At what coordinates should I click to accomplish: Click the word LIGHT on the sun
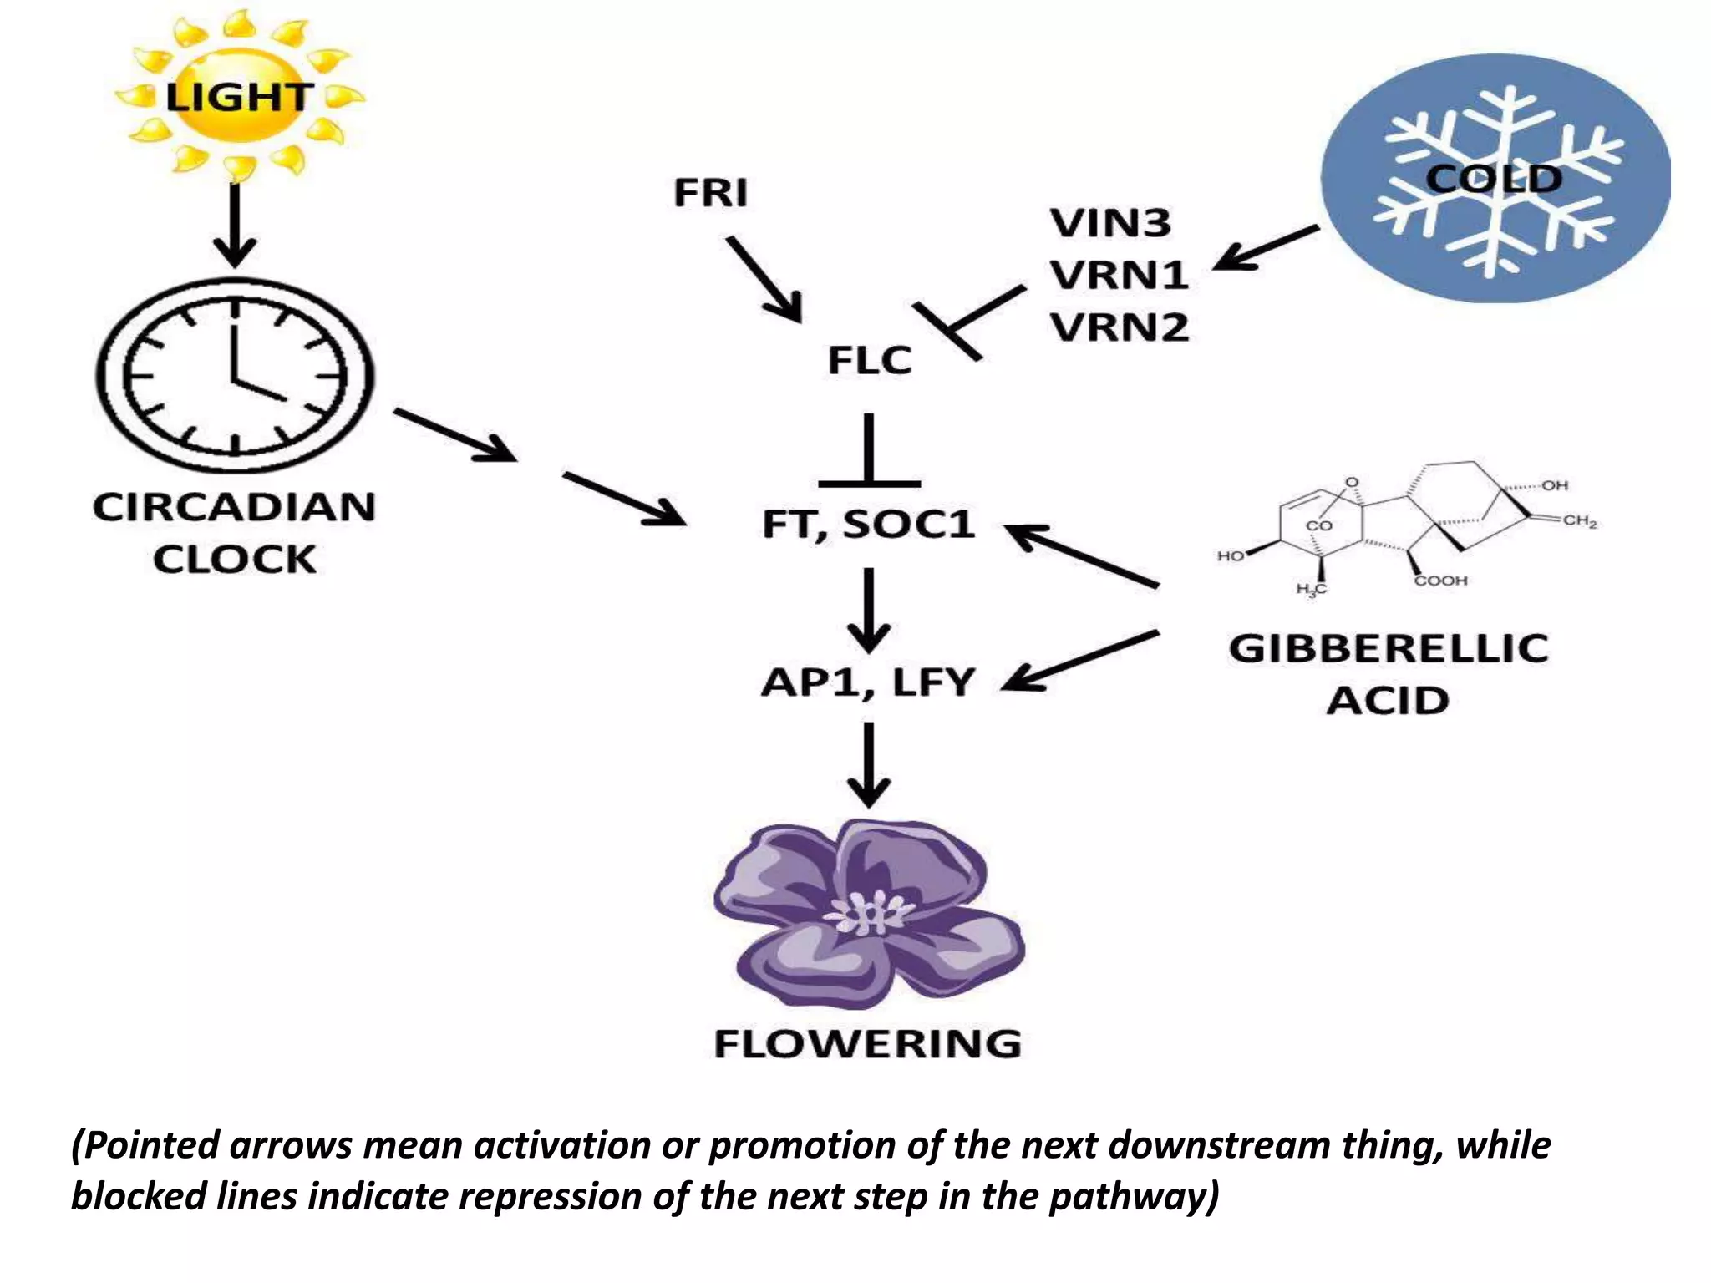click(x=239, y=97)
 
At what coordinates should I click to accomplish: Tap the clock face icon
click(x=235, y=376)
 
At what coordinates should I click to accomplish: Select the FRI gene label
click(x=711, y=193)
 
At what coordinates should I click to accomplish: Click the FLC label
click(x=869, y=361)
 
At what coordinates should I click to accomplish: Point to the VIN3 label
click(x=1110, y=223)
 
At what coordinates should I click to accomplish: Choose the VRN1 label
click(x=1119, y=275)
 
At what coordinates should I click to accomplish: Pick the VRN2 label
click(x=1119, y=327)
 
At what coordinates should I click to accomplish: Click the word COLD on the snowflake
click(x=1493, y=178)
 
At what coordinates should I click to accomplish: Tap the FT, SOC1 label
click(x=868, y=525)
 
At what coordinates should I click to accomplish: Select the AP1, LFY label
click(x=868, y=682)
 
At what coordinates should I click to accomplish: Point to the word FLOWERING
click(x=868, y=1044)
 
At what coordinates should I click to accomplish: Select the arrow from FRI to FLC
click(x=764, y=279)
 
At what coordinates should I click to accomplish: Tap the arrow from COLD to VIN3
click(x=1265, y=248)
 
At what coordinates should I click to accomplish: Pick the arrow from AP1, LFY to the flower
click(x=869, y=763)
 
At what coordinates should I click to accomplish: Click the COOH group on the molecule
click(x=1440, y=581)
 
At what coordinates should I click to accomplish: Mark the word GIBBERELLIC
click(x=1388, y=649)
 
